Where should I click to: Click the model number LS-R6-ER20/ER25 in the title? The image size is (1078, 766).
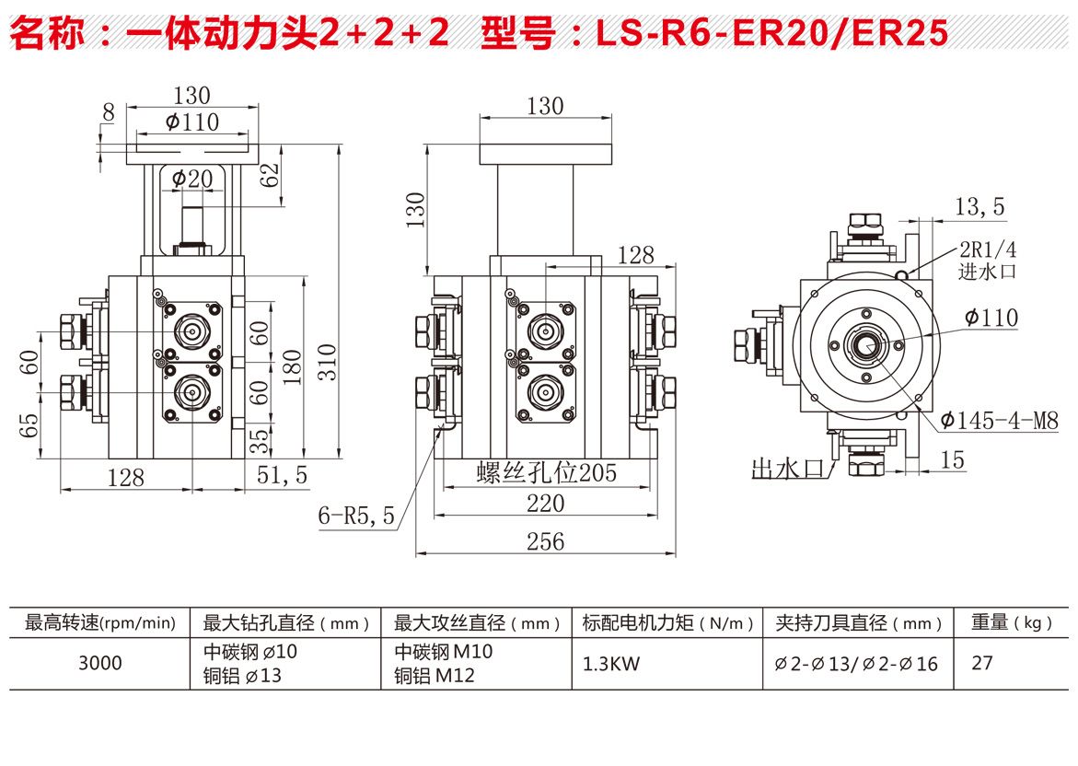click(x=771, y=33)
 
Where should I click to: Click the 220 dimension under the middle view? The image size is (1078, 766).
click(x=545, y=504)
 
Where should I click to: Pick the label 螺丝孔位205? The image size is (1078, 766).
click(x=546, y=473)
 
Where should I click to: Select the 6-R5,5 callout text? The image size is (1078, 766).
click(x=356, y=516)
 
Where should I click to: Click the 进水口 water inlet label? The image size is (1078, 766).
click(x=986, y=271)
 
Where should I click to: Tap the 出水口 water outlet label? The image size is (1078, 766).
click(x=787, y=468)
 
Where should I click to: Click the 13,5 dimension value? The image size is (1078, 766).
click(x=979, y=208)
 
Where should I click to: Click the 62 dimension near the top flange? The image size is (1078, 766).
click(x=269, y=175)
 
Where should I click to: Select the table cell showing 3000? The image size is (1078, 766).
click(x=99, y=663)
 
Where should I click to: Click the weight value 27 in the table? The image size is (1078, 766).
click(x=982, y=663)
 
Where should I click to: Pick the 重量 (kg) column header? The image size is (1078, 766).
click(x=1011, y=623)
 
